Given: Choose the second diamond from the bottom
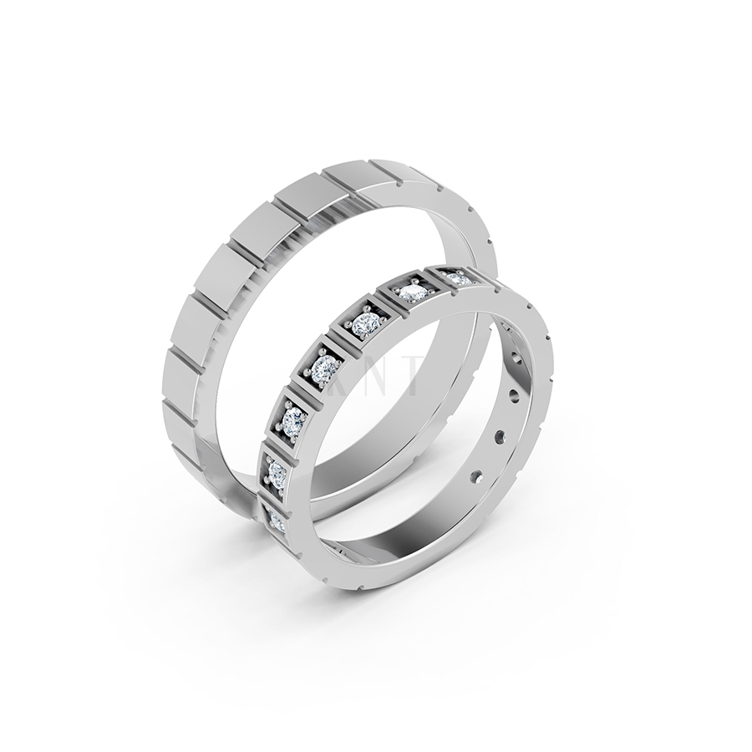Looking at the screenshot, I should pos(277,473).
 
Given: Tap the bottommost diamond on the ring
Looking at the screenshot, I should pos(276,520).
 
